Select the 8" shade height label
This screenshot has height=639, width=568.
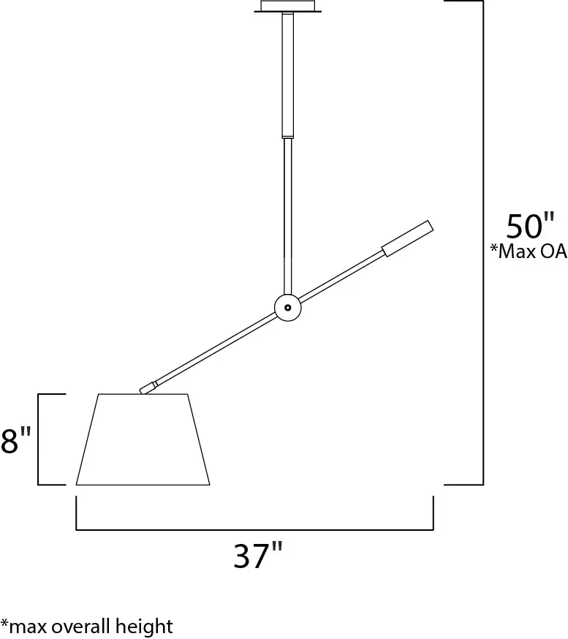point(16,441)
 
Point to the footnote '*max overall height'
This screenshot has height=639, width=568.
point(86,626)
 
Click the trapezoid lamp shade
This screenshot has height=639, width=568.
point(143,440)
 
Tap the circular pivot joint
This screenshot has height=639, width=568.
point(287,308)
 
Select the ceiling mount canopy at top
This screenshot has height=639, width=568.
point(287,7)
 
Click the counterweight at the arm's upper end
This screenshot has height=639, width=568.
point(406,239)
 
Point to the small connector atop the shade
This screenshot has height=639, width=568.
point(148,387)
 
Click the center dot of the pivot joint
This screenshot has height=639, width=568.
point(287,308)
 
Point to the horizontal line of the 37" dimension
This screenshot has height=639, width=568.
point(255,529)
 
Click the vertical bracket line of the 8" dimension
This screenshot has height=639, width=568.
point(39,439)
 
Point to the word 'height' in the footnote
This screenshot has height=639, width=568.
point(149,626)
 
